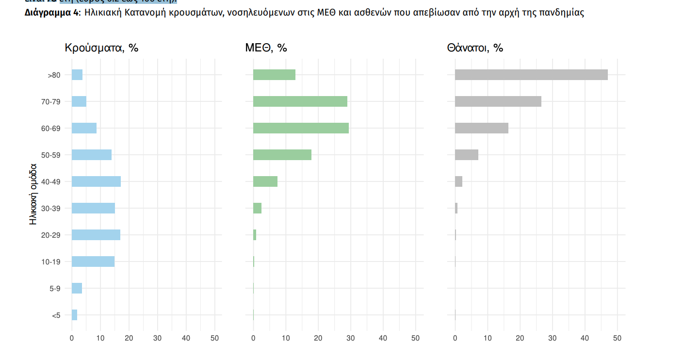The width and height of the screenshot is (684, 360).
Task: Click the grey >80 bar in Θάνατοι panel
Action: (531, 75)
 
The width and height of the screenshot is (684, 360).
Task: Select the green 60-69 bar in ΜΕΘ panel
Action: (301, 128)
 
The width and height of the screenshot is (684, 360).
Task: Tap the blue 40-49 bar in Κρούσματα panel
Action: (96, 181)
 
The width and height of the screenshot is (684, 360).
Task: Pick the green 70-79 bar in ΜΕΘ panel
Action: (300, 101)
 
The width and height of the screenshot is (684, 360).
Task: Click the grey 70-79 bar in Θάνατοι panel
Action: (498, 101)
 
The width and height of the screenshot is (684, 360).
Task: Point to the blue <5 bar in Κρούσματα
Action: (74, 315)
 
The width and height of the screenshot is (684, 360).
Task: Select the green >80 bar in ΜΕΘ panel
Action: (274, 75)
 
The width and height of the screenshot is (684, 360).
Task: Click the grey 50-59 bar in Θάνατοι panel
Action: (466, 155)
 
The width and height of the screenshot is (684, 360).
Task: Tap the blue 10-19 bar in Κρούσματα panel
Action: (93, 262)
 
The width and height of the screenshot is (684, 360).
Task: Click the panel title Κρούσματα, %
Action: (101, 48)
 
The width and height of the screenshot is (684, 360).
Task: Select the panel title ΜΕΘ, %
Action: (266, 48)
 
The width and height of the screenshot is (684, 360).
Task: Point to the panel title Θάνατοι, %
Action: (474, 48)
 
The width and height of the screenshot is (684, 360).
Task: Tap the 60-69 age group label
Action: (50, 129)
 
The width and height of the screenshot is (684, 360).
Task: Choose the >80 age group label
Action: (53, 75)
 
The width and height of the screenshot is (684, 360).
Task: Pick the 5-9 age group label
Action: (55, 289)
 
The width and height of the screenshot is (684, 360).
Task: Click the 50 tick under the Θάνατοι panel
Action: (617, 338)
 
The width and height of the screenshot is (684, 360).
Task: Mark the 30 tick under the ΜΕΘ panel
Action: (350, 338)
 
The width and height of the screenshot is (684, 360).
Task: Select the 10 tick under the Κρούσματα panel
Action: (100, 338)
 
